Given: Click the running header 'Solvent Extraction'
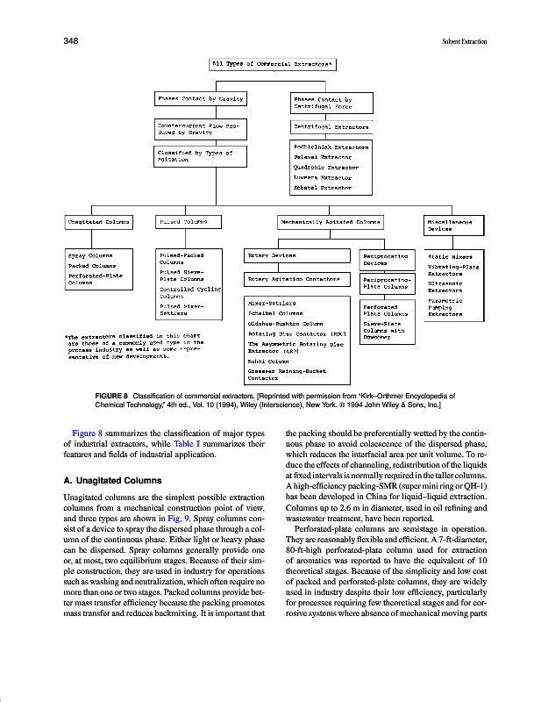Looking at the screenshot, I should tap(464, 41).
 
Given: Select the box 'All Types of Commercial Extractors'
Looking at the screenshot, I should tap(273, 64).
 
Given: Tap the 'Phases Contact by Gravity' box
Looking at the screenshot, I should tap(200, 98).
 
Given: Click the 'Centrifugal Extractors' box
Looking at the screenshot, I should tap(331, 126).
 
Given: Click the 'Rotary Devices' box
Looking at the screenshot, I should tap(298, 255).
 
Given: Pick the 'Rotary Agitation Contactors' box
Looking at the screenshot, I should tap(298, 280).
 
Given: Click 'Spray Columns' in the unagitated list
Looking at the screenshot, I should tap(89, 255).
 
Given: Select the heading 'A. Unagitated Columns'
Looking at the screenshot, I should tap(112, 481).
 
